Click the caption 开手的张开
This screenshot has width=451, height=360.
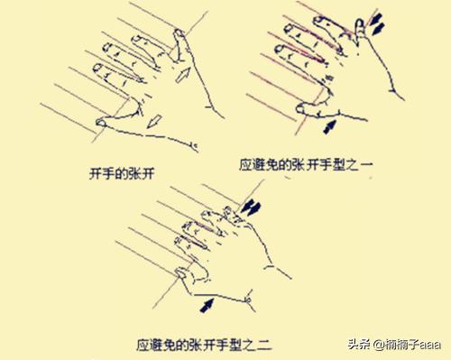coord(122,174)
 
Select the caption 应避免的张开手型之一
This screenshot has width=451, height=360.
coord(306,165)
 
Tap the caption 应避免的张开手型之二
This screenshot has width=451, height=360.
coord(204,345)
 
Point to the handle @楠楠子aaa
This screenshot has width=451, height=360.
coord(408,345)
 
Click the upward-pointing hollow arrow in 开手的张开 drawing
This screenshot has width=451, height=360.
coord(183,75)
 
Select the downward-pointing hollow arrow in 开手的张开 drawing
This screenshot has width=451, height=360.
coord(154,121)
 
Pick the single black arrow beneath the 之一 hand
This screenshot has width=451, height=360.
coord(329,126)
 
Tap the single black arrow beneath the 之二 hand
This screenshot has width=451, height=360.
coord(207,305)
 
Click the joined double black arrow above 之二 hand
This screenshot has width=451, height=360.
coord(251,208)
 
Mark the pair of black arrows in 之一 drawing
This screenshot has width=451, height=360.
coord(377,24)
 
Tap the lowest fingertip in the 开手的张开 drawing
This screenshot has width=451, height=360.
coord(101,123)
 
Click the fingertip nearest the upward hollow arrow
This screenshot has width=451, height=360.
coord(179,33)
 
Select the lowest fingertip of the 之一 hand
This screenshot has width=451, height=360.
coord(301,109)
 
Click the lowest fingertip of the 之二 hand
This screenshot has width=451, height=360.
coord(180,272)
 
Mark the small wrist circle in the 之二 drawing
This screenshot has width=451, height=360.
coord(248,300)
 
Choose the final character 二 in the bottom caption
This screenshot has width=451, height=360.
coord(265,345)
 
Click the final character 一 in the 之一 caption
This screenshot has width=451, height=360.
coord(366,165)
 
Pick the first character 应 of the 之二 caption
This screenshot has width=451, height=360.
coord(143,345)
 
